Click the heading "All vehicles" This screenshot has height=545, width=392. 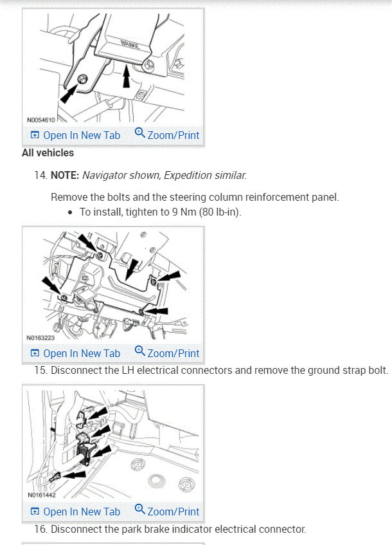48,153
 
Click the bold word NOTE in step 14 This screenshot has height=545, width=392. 65,175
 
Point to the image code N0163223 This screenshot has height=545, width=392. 40,337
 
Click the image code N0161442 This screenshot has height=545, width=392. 40,496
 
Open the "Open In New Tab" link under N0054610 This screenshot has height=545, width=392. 81,135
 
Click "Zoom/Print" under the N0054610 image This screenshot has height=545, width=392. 173,135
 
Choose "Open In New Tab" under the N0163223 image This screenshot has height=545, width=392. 81,353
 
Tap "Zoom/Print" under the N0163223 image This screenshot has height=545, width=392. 173,353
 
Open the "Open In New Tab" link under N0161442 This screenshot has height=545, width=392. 81,512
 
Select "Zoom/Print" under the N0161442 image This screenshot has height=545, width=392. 173,512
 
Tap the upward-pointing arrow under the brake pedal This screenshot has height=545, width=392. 126,77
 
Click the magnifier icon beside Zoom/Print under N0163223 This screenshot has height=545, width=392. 140,351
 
